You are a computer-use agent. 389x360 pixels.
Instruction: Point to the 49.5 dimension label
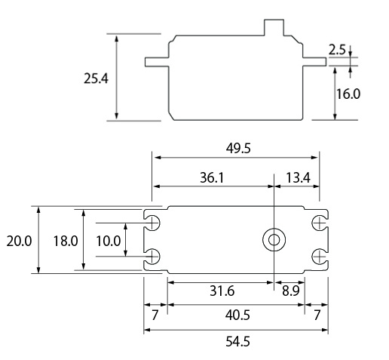[237, 149]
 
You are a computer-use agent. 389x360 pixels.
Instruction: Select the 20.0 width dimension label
[18, 241]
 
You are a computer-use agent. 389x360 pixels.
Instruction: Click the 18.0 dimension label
[66, 241]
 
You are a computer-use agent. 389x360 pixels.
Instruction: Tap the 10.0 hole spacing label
[109, 241]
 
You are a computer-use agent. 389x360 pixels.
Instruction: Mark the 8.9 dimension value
[288, 291]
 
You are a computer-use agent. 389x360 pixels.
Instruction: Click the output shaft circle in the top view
[272, 241]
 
